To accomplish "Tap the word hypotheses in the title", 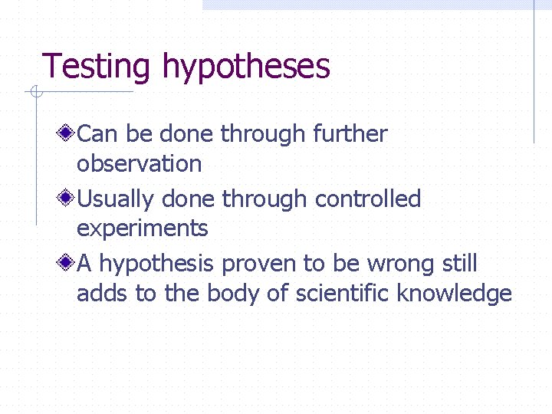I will [x=245, y=67].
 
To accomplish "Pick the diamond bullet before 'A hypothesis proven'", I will [x=68, y=264].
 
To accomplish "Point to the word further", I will [x=350, y=134].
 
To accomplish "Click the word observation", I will [x=139, y=163].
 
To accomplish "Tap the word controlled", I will [x=368, y=199].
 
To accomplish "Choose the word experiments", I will [x=142, y=228].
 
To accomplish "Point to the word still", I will [x=460, y=264].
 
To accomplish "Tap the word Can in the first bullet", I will [x=96, y=134].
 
